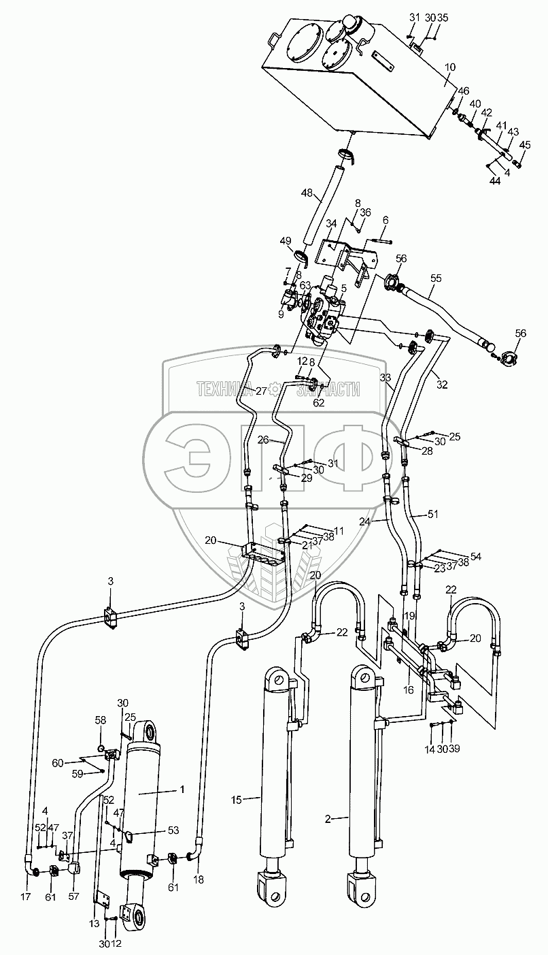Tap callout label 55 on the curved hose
coord(435,278)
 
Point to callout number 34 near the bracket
coord(331,223)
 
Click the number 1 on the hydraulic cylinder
coord(182,790)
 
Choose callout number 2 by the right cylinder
coord(328,819)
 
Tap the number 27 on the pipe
coord(260,391)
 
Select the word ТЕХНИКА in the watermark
coord(223,389)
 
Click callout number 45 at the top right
coord(525,144)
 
